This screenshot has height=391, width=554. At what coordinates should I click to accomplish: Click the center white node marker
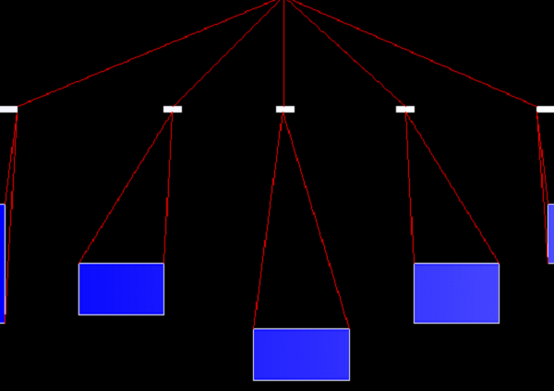pyautogui.click(x=284, y=109)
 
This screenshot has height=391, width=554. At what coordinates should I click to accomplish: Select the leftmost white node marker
pyautogui.click(x=8, y=109)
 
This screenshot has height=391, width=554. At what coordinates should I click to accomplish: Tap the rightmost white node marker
pyautogui.click(x=546, y=109)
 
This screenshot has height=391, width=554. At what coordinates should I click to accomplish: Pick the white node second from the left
pyautogui.click(x=173, y=109)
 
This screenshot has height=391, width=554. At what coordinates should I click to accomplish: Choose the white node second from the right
pyautogui.click(x=405, y=109)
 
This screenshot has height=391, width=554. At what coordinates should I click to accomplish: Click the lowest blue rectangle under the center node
pyautogui.click(x=301, y=354)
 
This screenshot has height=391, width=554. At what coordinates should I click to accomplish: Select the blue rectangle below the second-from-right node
pyautogui.click(x=456, y=293)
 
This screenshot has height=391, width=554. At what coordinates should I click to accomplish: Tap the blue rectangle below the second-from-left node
pyautogui.click(x=121, y=289)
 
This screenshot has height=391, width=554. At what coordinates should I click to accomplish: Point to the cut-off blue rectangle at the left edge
pyautogui.click(x=2, y=263)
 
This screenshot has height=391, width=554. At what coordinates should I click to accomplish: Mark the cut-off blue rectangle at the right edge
pyautogui.click(x=551, y=233)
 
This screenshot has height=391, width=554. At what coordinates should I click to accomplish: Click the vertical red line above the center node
pyautogui.click(x=283, y=55)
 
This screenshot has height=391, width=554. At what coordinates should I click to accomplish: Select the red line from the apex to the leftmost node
pyautogui.click(x=148, y=53)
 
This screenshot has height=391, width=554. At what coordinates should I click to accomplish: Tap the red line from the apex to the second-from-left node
pyautogui.click(x=227, y=55)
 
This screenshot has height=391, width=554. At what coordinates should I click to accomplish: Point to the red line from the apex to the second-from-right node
pyautogui.click(x=343, y=55)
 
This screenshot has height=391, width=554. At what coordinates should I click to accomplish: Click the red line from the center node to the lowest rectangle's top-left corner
pyautogui.click(x=269, y=219)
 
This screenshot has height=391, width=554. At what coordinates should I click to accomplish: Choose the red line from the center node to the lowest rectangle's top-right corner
pyautogui.click(x=316, y=219)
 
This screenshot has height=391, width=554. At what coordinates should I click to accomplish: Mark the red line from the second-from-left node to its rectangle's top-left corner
pyautogui.click(x=126, y=187)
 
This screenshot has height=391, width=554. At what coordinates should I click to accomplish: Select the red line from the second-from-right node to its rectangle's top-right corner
pyautogui.click(x=452, y=187)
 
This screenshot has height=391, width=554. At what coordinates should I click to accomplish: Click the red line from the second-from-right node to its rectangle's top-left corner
pyautogui.click(x=410, y=187)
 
